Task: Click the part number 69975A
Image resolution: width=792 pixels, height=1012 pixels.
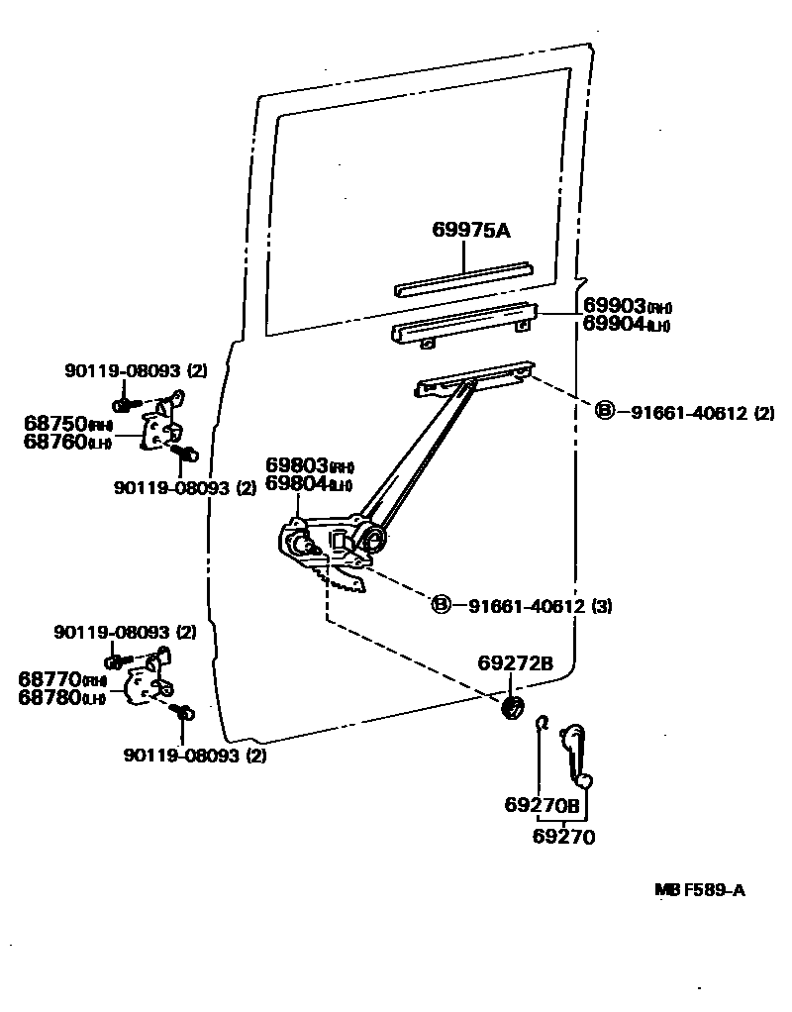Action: point(470,231)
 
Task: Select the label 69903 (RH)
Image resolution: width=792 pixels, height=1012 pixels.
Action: point(627,306)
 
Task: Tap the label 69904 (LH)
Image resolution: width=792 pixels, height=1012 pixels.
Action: point(627,324)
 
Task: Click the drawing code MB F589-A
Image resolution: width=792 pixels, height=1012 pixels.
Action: point(699,889)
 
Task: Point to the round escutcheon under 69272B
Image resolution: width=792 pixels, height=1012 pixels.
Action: point(513,708)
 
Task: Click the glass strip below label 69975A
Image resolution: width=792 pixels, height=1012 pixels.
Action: point(463,278)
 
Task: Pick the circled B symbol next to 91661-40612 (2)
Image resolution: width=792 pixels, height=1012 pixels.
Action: point(605,412)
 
